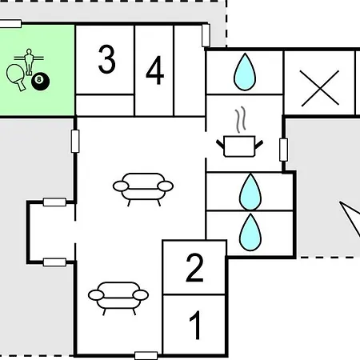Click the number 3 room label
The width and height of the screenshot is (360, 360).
pyautogui.click(x=107, y=59)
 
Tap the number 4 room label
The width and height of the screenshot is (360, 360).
pyautogui.click(x=155, y=70)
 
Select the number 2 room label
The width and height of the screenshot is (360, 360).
pyautogui.click(x=195, y=267)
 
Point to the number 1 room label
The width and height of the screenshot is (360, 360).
pyautogui.click(x=195, y=325)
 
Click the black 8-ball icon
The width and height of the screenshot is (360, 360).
pyautogui.click(x=40, y=81)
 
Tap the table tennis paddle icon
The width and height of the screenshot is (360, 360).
pyautogui.click(x=16, y=77)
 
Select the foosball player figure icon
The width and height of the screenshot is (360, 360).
pyautogui.click(x=29, y=62)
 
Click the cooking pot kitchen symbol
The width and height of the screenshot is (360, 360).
pyautogui.click(x=239, y=146)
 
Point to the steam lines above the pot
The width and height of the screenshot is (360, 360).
pyautogui.click(x=240, y=120)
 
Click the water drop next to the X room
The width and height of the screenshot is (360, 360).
pyautogui.click(x=245, y=72)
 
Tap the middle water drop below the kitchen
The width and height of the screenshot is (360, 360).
pyautogui.click(x=250, y=191)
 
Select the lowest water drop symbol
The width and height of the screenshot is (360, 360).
pyautogui.click(x=250, y=233)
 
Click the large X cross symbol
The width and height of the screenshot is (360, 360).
pyautogui.click(x=320, y=88)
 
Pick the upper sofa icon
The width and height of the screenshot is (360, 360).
pyautogui.click(x=143, y=189)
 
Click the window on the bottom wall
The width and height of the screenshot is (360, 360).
pyautogui.click(x=146, y=356)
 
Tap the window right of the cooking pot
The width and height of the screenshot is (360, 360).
pyautogui.click(x=283, y=150)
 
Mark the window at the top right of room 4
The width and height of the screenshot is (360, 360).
pyautogui.click(x=206, y=35)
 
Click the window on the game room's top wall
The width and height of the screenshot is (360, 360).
pyautogui.click(x=10, y=23)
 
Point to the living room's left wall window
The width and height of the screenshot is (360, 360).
pyautogui.click(x=75, y=141)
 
